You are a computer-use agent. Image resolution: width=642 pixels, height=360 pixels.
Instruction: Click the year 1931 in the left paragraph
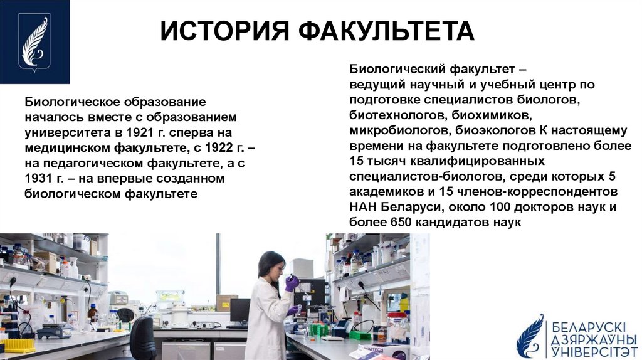click(38, 179)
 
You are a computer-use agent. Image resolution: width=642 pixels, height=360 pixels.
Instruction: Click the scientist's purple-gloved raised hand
click(291, 283)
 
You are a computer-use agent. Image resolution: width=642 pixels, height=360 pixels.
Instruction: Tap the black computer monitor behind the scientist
click(239, 310)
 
